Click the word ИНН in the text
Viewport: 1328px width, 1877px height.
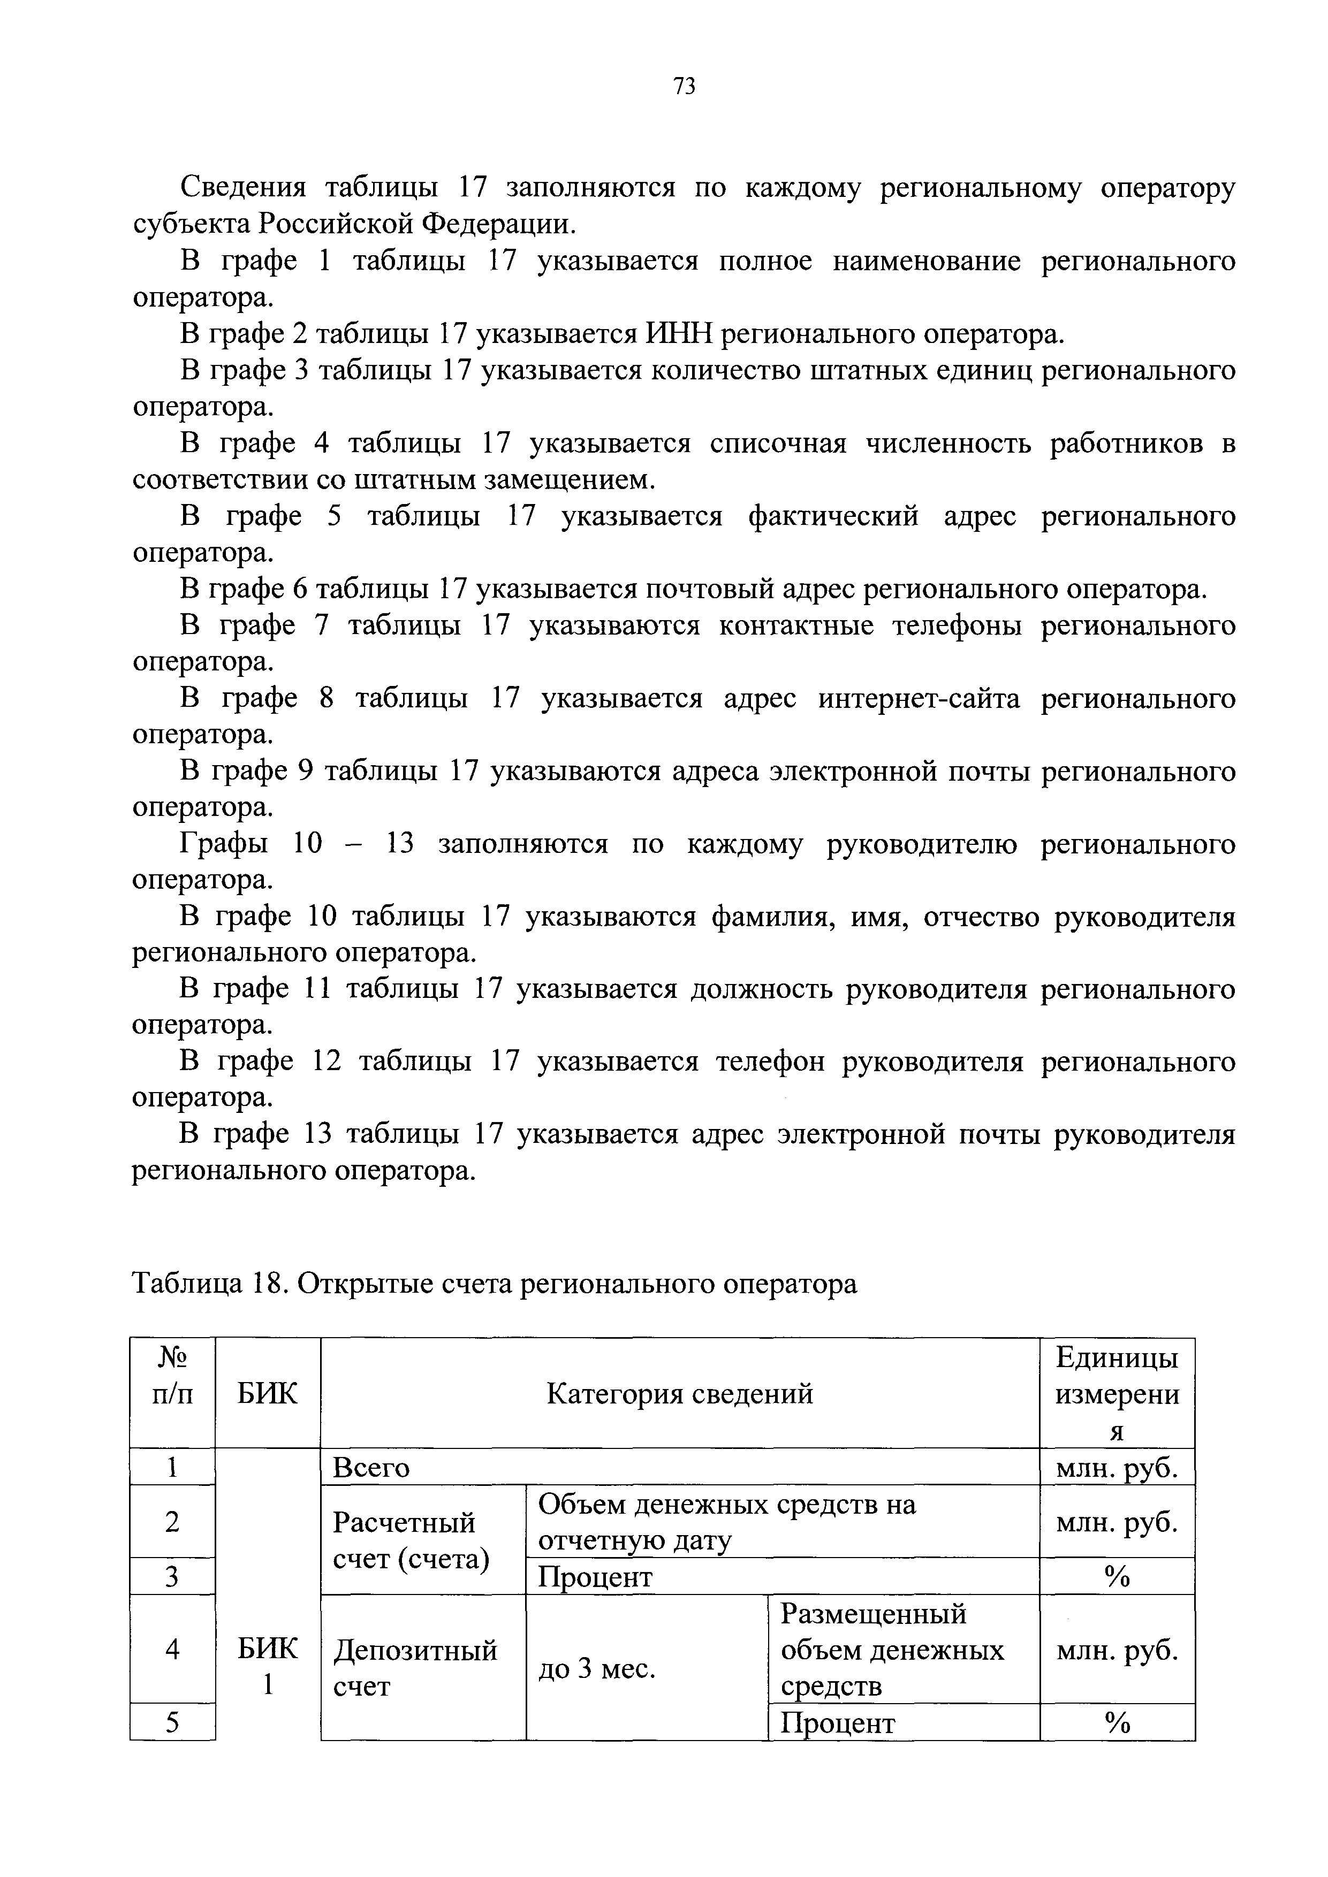click(x=680, y=334)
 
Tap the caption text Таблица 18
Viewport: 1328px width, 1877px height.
click(x=207, y=1284)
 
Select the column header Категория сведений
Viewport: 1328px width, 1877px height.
click(x=680, y=1393)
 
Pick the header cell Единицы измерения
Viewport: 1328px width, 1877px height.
click(x=1117, y=1393)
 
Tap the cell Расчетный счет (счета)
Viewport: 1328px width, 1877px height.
click(x=411, y=1540)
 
